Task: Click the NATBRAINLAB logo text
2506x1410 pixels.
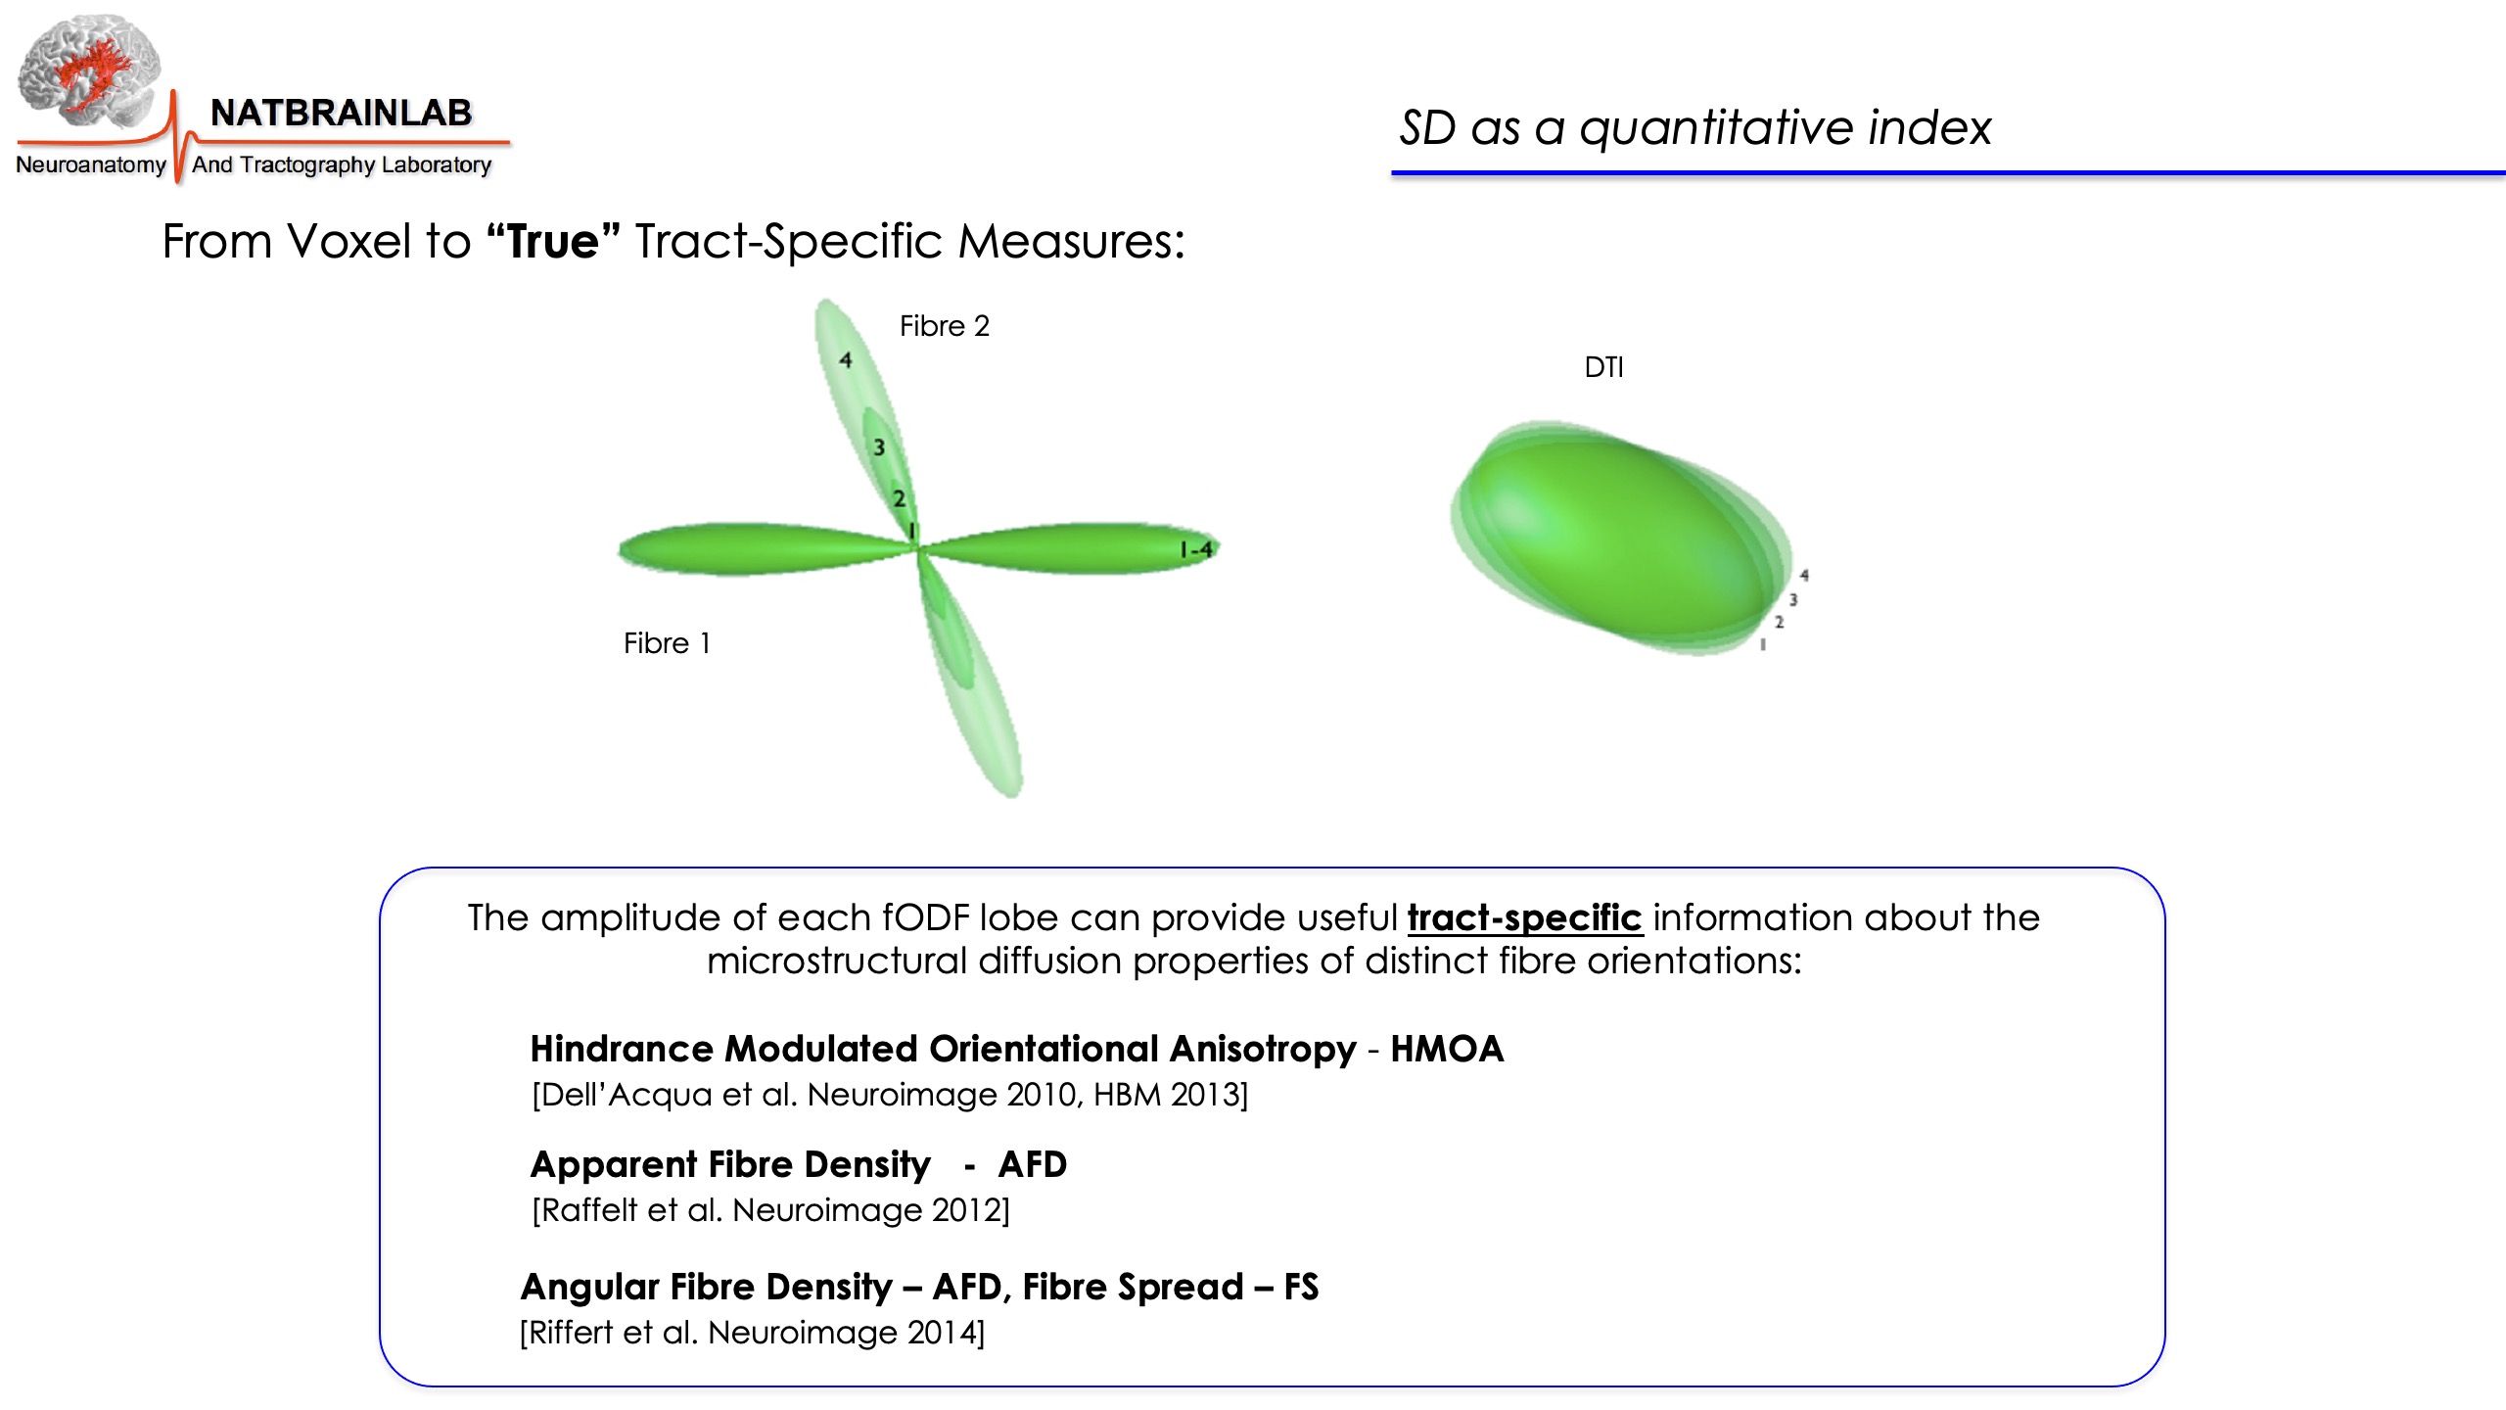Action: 341,113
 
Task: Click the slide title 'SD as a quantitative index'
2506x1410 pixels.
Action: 1694,128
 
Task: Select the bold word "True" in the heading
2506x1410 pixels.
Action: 553,241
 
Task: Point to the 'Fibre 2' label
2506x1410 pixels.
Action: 945,326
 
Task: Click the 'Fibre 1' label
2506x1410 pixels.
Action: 667,643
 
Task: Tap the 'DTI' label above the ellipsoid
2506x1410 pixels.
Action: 1603,367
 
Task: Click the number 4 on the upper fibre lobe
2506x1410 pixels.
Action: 845,360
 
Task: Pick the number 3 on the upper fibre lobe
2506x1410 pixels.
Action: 879,447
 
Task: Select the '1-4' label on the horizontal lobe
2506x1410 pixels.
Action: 1196,549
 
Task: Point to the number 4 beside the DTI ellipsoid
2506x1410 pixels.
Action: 1804,576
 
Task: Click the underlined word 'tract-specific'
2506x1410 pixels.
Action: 1524,918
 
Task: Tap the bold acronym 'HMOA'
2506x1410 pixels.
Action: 1447,1049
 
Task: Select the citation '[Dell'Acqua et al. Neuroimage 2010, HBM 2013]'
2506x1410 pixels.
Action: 890,1095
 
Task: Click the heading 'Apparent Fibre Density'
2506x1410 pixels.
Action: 730,1165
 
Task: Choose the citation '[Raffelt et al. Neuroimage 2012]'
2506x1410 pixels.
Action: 770,1210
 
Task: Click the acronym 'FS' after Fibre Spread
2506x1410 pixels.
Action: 1301,1287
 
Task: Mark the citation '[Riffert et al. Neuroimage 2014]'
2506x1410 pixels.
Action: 752,1333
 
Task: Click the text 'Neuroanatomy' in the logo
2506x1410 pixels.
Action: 91,164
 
